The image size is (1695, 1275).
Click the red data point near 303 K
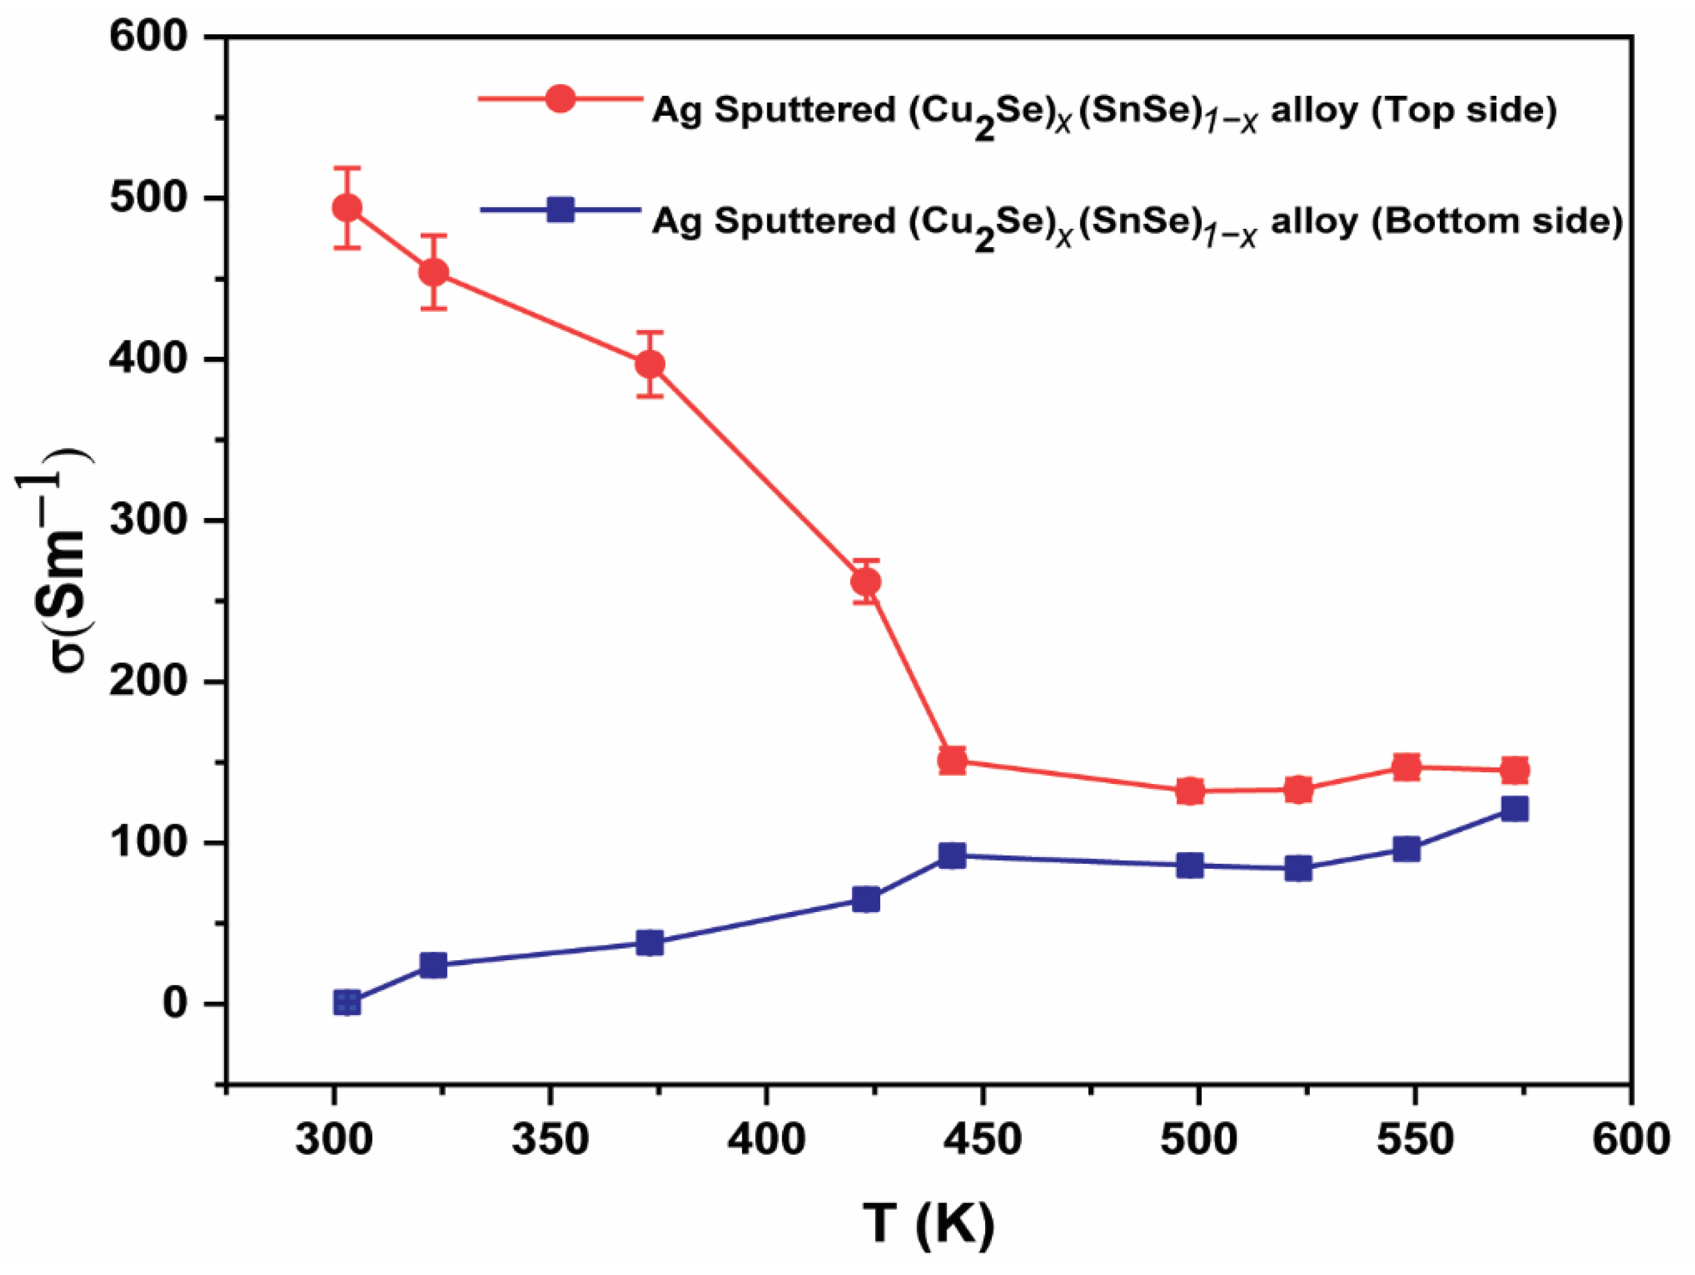[347, 207]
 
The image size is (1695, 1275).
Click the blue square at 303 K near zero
[347, 1002]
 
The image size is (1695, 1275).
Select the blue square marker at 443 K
[952, 855]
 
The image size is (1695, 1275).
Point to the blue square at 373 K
[650, 943]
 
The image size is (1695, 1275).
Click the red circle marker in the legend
[560, 98]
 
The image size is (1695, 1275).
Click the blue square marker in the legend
[560, 209]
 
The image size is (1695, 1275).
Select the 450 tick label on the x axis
[982, 1139]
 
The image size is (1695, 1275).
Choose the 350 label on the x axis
[550, 1139]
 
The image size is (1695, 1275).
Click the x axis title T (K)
[929, 1223]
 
